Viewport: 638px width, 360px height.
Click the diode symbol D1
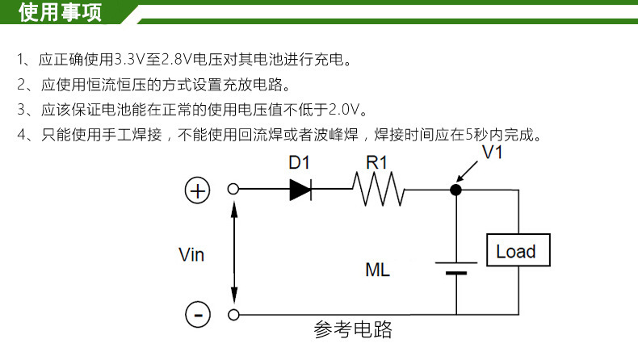(x=300, y=190)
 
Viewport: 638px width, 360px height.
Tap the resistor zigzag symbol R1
(x=378, y=190)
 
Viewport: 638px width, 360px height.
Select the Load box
(x=516, y=251)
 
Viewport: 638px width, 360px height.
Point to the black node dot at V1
(x=455, y=190)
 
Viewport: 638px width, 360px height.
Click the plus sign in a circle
(x=197, y=190)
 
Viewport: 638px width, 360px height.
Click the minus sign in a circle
(x=197, y=314)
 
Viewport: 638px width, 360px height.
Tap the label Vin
(x=191, y=255)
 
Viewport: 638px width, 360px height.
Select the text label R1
(x=377, y=162)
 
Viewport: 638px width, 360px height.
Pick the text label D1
(x=300, y=162)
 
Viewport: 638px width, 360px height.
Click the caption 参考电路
(x=353, y=329)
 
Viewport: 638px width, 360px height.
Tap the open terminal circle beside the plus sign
(x=233, y=190)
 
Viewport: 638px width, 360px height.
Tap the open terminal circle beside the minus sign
(x=233, y=314)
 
